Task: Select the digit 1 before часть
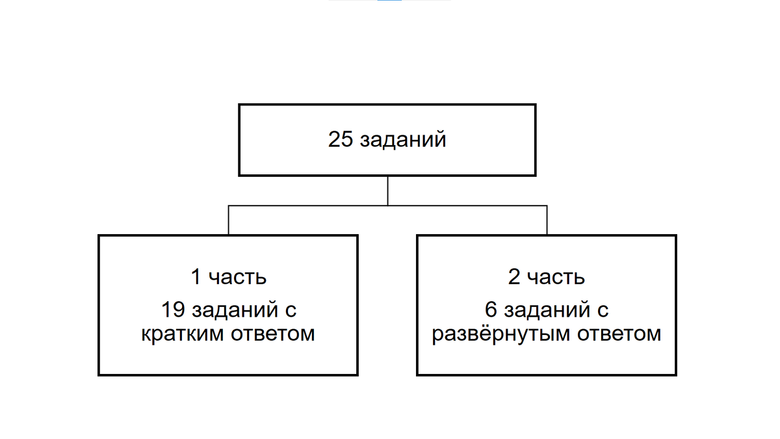(x=195, y=277)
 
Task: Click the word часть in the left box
(x=238, y=278)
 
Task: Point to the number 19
(x=172, y=310)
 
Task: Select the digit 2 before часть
(x=513, y=277)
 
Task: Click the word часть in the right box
(x=556, y=278)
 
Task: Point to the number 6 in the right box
(x=491, y=310)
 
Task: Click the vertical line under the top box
(x=387, y=191)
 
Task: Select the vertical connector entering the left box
(x=228, y=220)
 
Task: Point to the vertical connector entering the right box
(x=547, y=220)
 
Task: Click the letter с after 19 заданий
(x=291, y=311)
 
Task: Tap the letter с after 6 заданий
(x=603, y=311)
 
